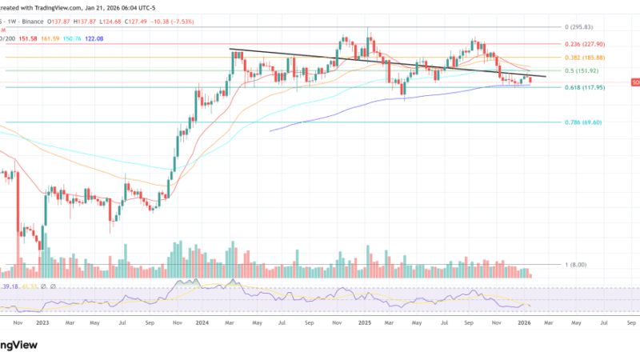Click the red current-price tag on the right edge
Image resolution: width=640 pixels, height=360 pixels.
click(635, 82)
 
